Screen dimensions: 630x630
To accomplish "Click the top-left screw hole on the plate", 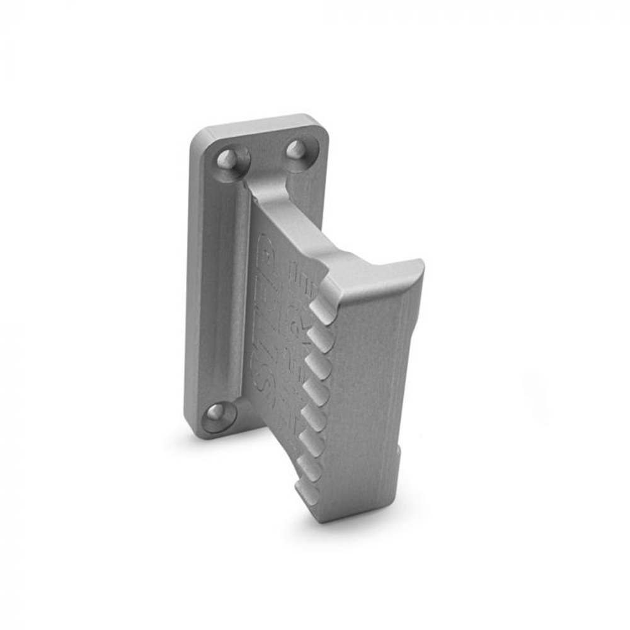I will pos(227,159).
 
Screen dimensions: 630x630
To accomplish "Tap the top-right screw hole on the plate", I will pos(296,149).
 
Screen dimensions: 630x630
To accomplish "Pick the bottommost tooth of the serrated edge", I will pos(308,492).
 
